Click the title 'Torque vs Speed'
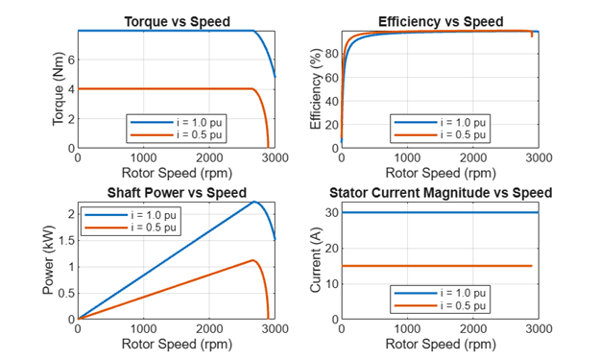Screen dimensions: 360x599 (x=176, y=21)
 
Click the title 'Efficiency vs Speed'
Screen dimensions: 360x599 (x=440, y=21)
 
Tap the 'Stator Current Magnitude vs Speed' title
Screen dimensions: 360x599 (x=440, y=193)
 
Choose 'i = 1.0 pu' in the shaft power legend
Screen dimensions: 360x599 (x=151, y=215)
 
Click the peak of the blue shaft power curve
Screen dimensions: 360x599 (x=254, y=202)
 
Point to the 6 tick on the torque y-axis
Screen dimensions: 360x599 (x=69, y=60)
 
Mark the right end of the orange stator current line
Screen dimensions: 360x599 (x=531, y=266)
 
